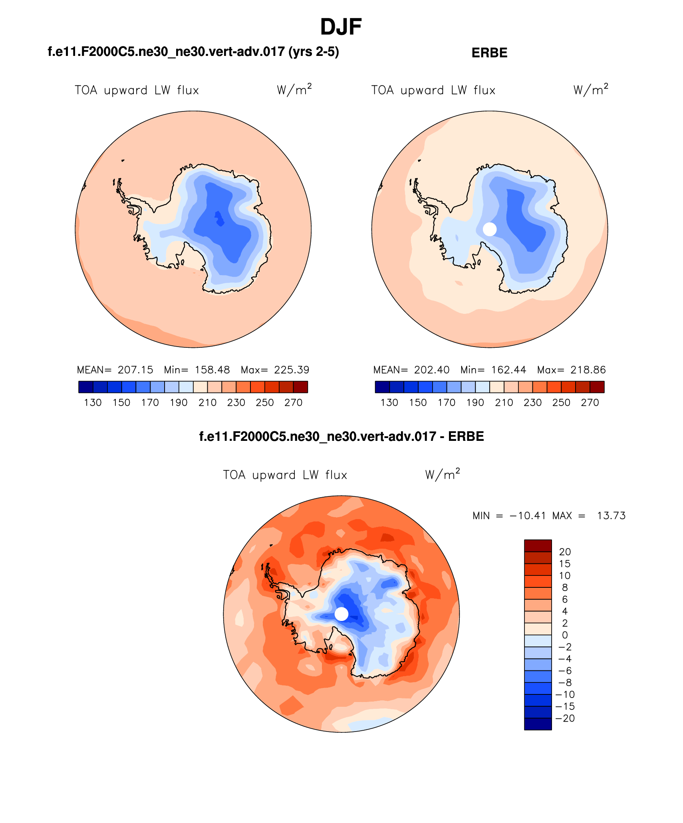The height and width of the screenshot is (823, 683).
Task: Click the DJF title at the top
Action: click(341, 27)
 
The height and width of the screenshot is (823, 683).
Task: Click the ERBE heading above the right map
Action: click(489, 53)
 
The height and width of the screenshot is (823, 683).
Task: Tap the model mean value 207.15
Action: click(135, 370)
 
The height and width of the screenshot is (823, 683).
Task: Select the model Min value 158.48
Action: click(212, 370)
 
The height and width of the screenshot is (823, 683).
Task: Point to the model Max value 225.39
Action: click(292, 370)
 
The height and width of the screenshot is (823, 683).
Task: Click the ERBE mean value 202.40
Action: click(432, 370)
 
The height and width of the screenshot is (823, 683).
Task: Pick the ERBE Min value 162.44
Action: click(508, 370)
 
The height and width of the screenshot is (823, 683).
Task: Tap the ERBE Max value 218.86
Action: click(588, 370)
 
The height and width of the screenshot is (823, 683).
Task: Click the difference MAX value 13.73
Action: click(611, 516)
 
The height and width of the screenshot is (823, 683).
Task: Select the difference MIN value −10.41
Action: click(527, 516)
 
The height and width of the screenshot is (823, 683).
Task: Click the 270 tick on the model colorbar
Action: click(293, 403)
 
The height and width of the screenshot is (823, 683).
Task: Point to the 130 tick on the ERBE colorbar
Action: click(389, 403)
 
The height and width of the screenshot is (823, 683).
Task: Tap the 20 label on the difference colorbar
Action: click(565, 552)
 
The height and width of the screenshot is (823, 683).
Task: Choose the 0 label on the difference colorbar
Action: click(565, 635)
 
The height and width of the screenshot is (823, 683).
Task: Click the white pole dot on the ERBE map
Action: click(490, 229)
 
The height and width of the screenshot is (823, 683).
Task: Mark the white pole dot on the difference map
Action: click(341, 614)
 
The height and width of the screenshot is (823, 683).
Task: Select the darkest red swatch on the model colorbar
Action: click(300, 387)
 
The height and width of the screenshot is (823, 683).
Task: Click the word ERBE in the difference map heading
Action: click(466, 436)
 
